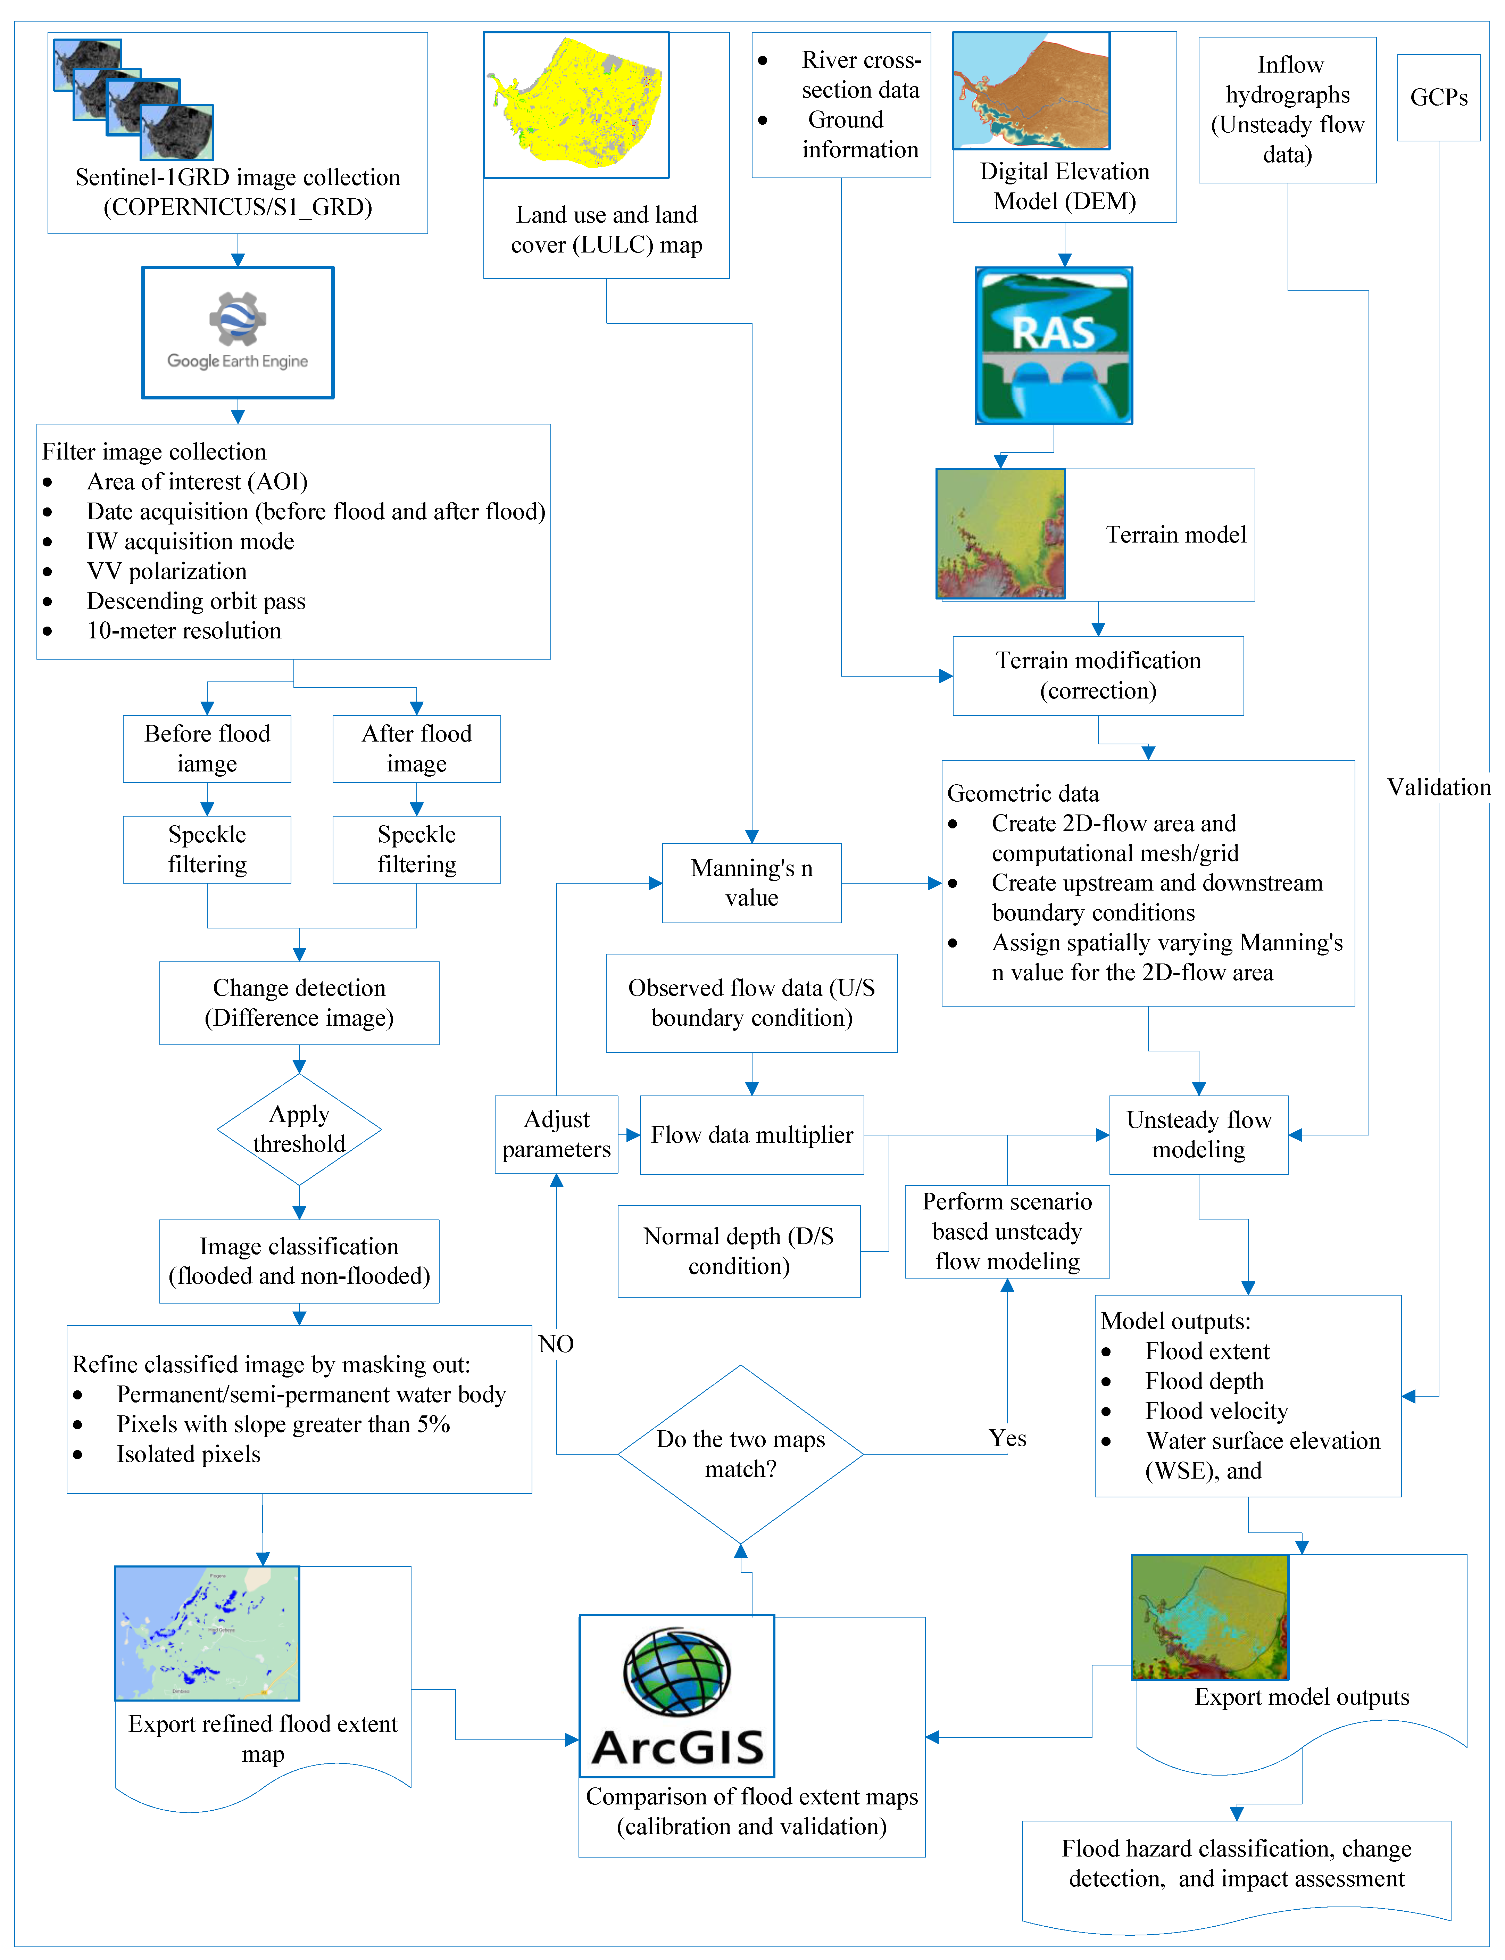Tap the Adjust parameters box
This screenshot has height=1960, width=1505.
coord(556,1134)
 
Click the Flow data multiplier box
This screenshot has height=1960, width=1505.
coord(751,1135)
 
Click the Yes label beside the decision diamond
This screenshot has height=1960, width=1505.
coord(1008,1438)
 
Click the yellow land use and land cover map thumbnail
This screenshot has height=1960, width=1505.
coord(576,105)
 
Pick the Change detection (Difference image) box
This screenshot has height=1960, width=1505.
coord(299,1002)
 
